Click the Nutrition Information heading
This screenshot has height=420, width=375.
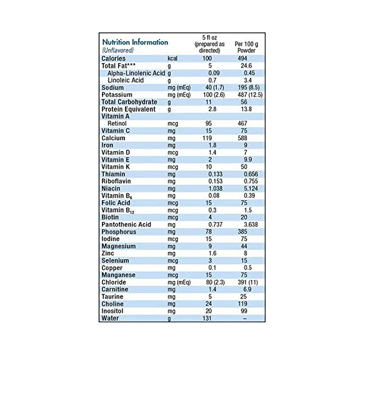coord(135,42)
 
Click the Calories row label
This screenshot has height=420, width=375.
coord(113,58)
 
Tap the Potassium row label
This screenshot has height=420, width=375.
coord(117,95)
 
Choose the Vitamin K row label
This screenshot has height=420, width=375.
coord(116,167)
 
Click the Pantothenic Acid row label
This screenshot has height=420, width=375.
coord(126,225)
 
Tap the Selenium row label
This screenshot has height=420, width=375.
coord(115,260)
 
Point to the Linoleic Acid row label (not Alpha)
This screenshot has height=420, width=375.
coord(126,80)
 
